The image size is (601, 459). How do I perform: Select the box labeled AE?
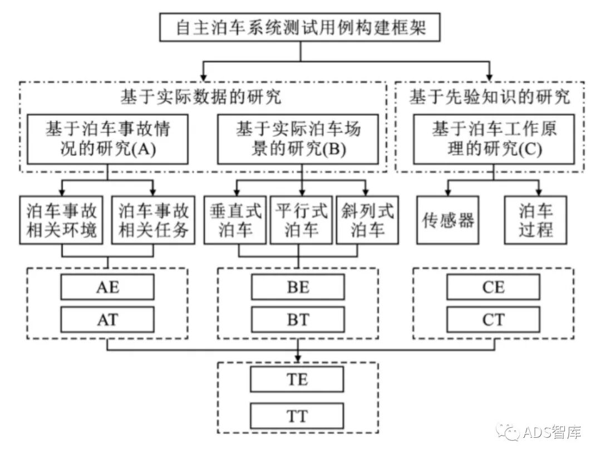(x=107, y=287)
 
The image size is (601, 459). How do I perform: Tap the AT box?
(x=107, y=320)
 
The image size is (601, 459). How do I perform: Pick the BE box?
(x=298, y=287)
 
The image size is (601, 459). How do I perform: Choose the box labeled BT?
(x=298, y=320)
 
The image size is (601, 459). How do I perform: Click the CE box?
(x=493, y=287)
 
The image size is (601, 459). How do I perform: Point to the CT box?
(x=493, y=320)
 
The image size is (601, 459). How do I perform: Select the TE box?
(x=298, y=380)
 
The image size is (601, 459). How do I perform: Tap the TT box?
(x=298, y=416)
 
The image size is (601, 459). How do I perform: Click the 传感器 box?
(x=447, y=220)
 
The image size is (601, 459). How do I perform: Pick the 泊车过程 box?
(x=536, y=220)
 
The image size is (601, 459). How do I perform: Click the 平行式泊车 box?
(x=300, y=220)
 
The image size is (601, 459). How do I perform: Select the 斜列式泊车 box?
(x=367, y=220)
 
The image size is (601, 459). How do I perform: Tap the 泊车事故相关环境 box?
(x=62, y=220)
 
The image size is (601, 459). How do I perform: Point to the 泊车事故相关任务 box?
(x=154, y=220)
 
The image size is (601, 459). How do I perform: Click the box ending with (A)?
(x=107, y=139)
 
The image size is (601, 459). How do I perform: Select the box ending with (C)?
(x=493, y=139)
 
